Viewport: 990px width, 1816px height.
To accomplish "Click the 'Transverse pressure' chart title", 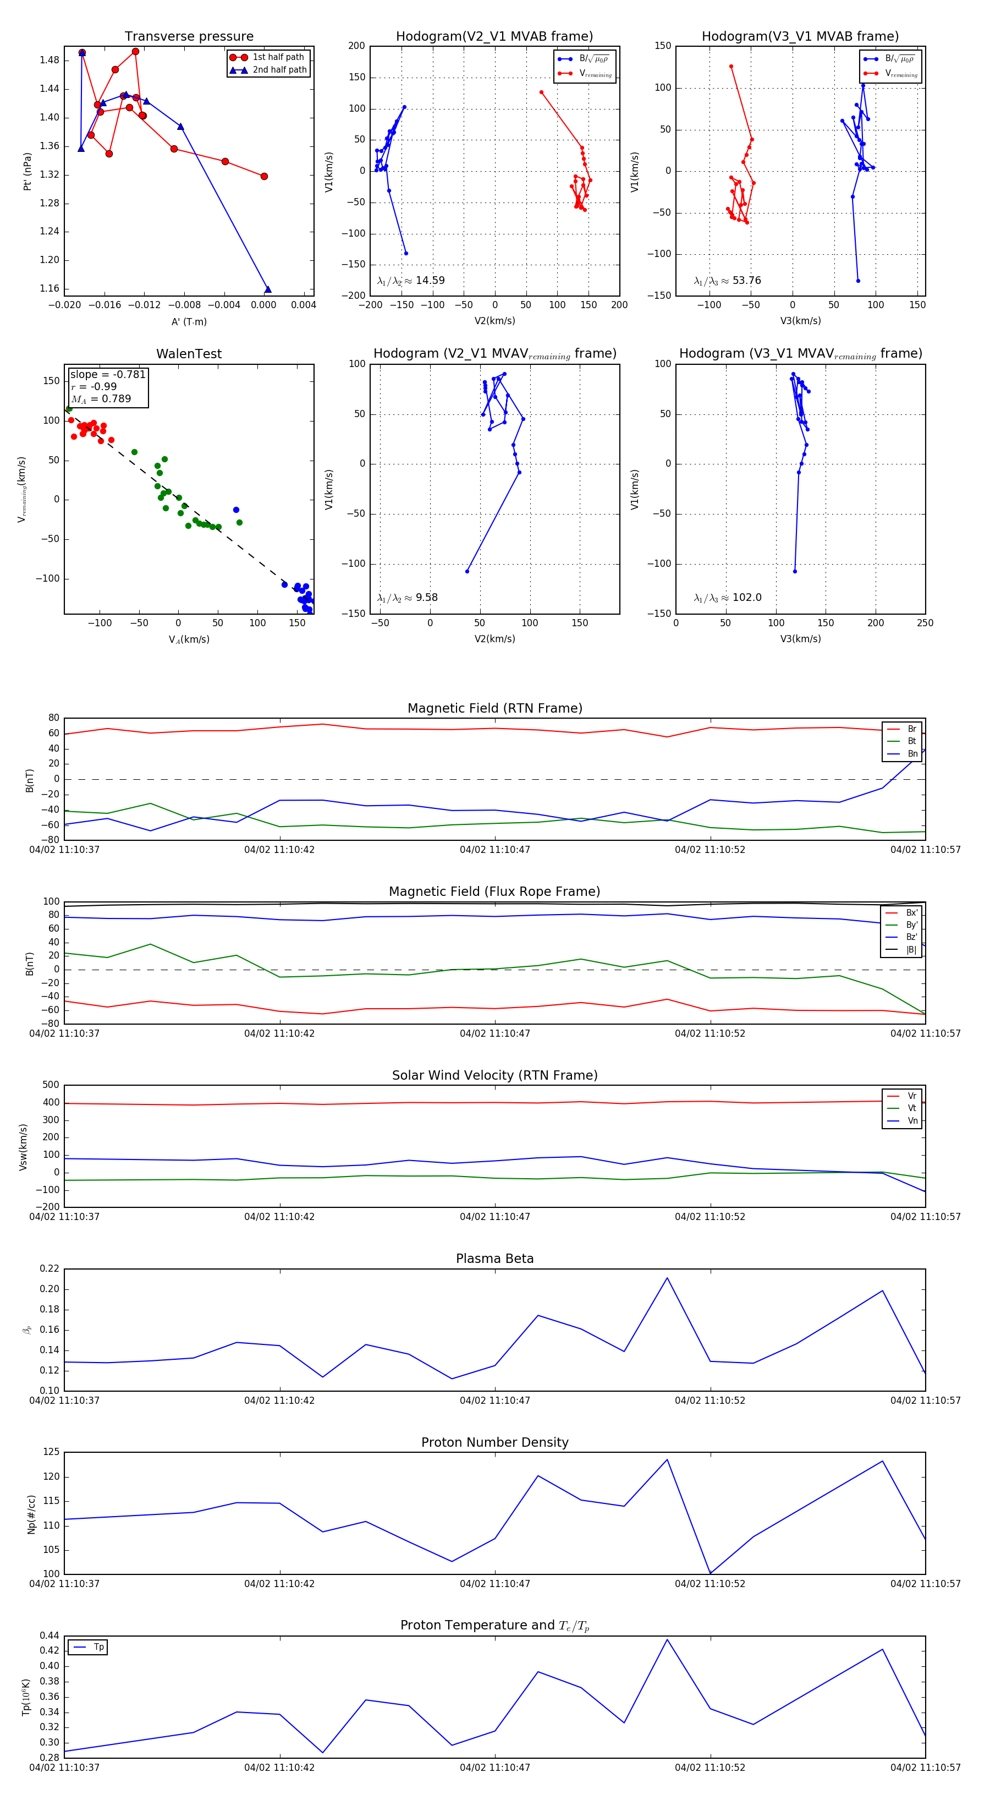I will [189, 37].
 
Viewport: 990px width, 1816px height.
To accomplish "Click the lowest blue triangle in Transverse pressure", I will [268, 289].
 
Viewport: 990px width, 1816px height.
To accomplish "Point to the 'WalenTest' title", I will [189, 354].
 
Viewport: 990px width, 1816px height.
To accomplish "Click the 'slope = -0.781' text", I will [108, 374].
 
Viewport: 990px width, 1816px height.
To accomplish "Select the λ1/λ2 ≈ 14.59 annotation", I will [411, 281].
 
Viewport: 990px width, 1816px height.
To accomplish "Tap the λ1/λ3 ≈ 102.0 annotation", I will [727, 598].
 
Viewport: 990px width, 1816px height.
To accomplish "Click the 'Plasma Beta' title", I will [494, 1259].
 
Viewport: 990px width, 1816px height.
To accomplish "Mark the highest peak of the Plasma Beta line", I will [667, 1278].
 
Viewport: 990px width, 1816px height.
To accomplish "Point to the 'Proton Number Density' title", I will [494, 1442].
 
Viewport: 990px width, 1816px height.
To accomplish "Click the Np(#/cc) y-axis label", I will [31, 1514].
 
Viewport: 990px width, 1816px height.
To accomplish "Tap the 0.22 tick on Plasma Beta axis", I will [50, 1269].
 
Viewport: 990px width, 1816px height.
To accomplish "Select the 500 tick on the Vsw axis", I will [51, 1085].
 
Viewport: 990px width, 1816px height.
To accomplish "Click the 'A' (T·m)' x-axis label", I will [189, 321].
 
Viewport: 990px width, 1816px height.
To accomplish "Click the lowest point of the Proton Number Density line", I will [710, 1573].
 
